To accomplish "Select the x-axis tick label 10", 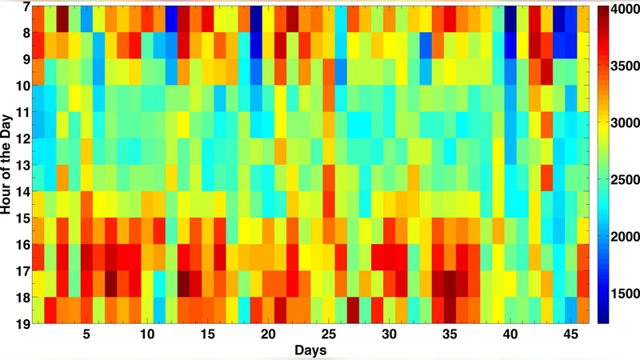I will coord(147,333).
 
